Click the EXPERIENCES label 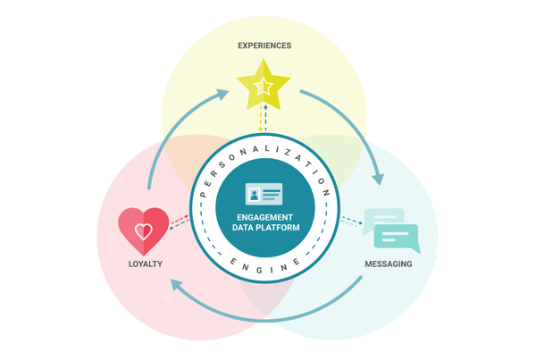(x=264, y=46)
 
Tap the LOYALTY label (x=146, y=264)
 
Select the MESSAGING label (x=389, y=264)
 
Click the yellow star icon (x=264, y=85)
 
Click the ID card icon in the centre (x=264, y=194)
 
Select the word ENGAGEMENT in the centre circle (x=265, y=217)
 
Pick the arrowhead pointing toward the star (x=222, y=94)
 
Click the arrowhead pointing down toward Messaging (x=378, y=180)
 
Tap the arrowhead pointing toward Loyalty (x=176, y=285)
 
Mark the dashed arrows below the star (x=264, y=118)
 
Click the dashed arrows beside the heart (x=180, y=222)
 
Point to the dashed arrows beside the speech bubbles (x=351, y=221)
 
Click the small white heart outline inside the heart (x=144, y=231)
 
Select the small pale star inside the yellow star (x=264, y=86)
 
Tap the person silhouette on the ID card (x=254, y=195)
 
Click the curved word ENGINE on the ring (x=265, y=266)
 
